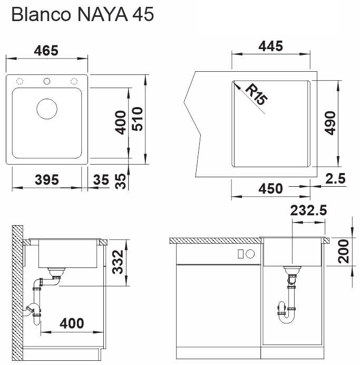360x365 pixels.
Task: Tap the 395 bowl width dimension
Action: tap(46, 180)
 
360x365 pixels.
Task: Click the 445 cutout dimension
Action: tap(271, 46)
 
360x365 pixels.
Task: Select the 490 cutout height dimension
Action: tap(330, 123)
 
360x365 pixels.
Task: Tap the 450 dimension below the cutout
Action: tap(271, 188)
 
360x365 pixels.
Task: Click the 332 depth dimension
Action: tap(120, 263)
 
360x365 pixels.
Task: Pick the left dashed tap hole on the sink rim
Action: tap(21, 82)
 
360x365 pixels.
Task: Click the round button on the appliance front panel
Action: tap(250, 254)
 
